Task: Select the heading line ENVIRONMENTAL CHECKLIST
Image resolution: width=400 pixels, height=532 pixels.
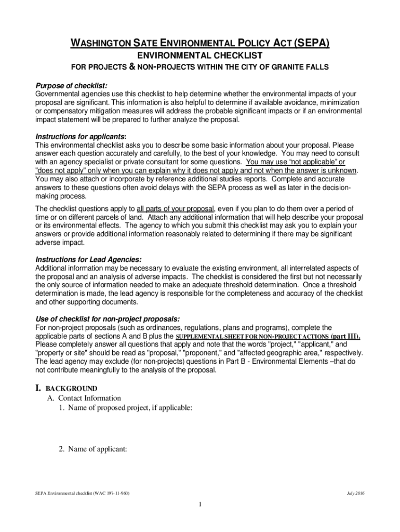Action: [x=199, y=56]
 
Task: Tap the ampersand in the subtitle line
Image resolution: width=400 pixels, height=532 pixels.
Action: [x=132, y=68]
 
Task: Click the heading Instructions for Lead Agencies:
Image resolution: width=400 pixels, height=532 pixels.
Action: [x=88, y=259]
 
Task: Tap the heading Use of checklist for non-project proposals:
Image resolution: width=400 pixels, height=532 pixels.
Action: [x=108, y=318]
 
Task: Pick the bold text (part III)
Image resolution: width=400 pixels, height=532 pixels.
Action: [x=345, y=336]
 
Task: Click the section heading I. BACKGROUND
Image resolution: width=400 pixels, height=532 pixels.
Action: [x=66, y=388]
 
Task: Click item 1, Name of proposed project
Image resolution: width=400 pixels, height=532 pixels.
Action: [x=125, y=408]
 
